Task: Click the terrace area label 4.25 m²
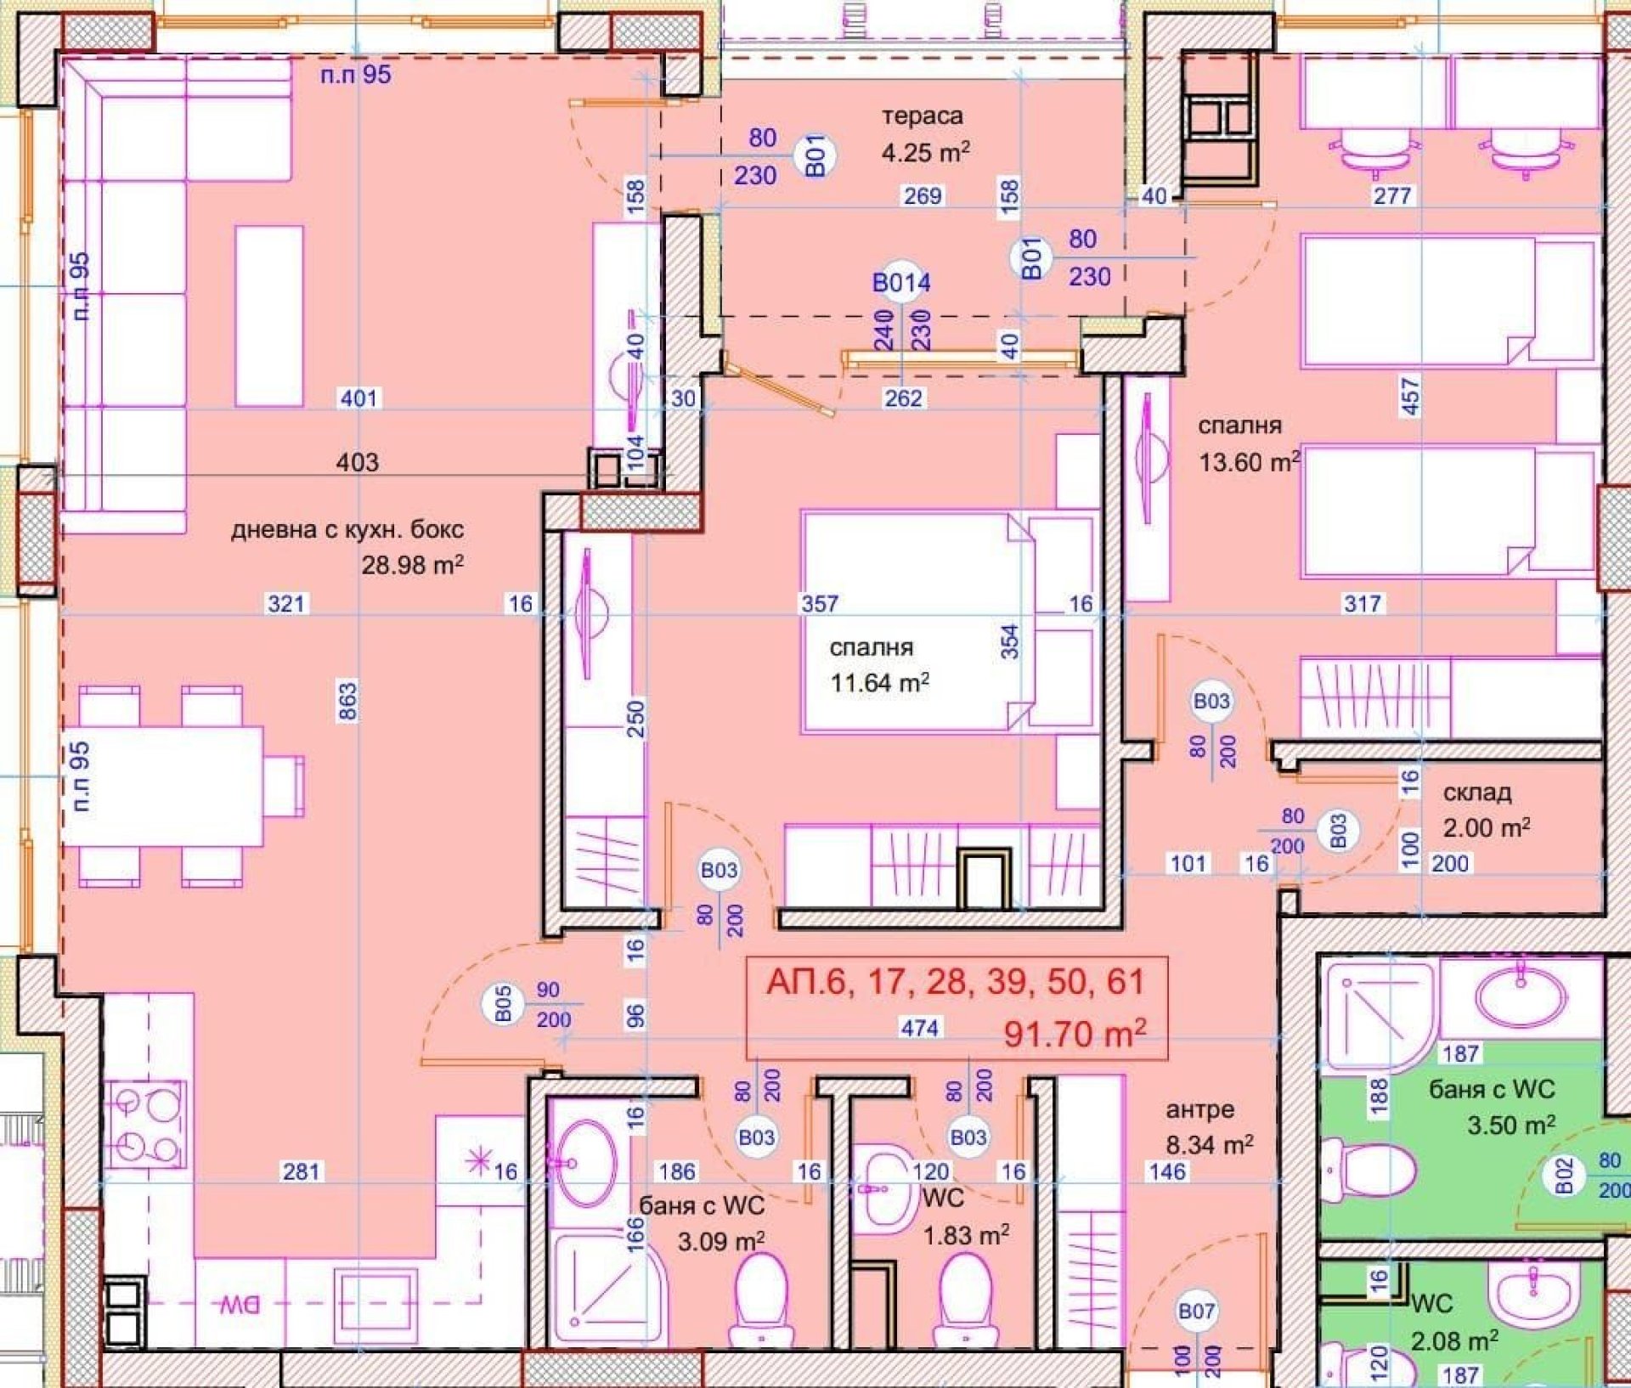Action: (x=925, y=153)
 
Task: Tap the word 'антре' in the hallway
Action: (x=1199, y=1109)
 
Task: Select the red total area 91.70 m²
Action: (x=1075, y=1034)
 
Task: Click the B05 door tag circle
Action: (x=502, y=1004)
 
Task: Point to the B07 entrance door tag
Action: (x=1196, y=1312)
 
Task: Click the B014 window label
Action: (x=901, y=282)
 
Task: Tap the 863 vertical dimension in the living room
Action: (x=347, y=701)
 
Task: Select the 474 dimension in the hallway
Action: (x=920, y=1028)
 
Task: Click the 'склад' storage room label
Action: (x=1477, y=793)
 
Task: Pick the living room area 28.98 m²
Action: (x=412, y=564)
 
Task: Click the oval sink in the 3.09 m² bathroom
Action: (x=585, y=1163)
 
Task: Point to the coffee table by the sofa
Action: (x=269, y=316)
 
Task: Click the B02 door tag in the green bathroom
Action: (x=1565, y=1175)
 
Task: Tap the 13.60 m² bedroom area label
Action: (x=1249, y=462)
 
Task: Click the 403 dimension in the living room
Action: (x=358, y=462)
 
